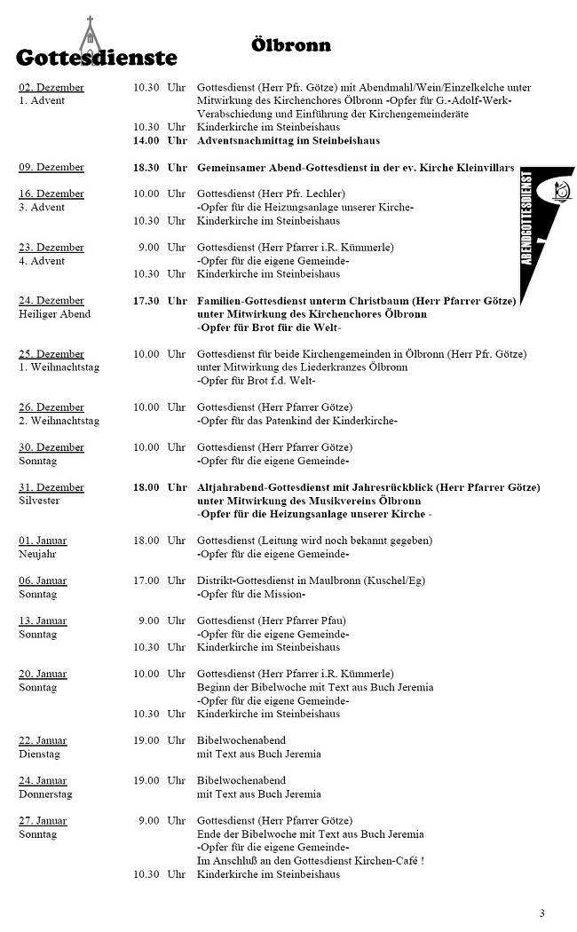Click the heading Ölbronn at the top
(x=290, y=44)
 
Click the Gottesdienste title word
(x=96, y=59)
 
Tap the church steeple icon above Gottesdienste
(x=90, y=36)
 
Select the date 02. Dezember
(x=51, y=87)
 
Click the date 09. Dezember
(x=51, y=167)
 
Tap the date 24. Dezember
(x=51, y=300)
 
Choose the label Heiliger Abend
(x=54, y=314)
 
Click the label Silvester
(x=39, y=501)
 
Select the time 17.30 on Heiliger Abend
(x=146, y=300)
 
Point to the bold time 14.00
(x=146, y=140)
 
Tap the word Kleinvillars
(x=485, y=167)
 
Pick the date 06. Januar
(x=43, y=581)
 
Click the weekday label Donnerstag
(x=45, y=794)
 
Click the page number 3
(x=542, y=913)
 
